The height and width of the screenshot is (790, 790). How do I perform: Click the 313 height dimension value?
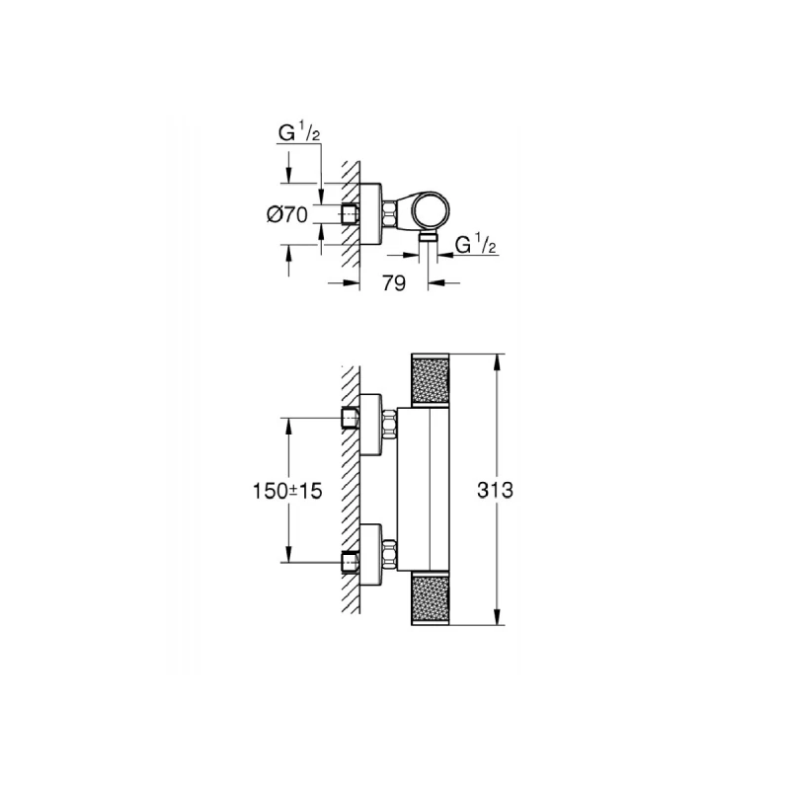click(x=494, y=490)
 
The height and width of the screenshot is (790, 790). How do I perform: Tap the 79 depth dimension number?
click(x=394, y=284)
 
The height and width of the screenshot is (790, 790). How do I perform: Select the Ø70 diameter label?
click(x=287, y=215)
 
